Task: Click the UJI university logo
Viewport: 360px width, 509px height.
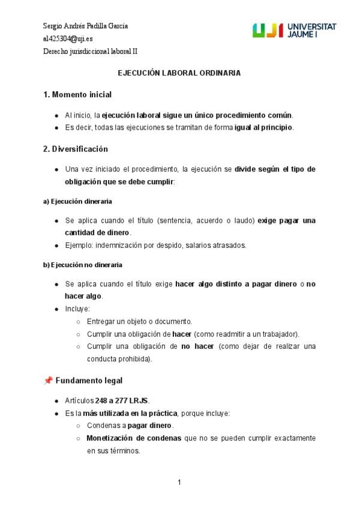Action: tap(294, 30)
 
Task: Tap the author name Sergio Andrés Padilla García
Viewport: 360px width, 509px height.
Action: tap(85, 26)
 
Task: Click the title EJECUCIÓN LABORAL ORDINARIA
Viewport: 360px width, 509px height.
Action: tap(179, 73)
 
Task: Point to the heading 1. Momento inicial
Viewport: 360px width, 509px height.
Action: tap(77, 95)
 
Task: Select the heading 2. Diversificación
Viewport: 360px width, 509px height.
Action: tap(76, 149)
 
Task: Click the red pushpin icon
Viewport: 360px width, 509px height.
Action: tap(48, 381)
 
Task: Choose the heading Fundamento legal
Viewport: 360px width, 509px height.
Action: tap(89, 381)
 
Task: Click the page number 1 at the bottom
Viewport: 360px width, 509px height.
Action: tap(179, 482)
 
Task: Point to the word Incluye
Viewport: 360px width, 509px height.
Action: tap(77, 309)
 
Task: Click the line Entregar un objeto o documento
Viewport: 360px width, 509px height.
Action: tap(139, 321)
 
